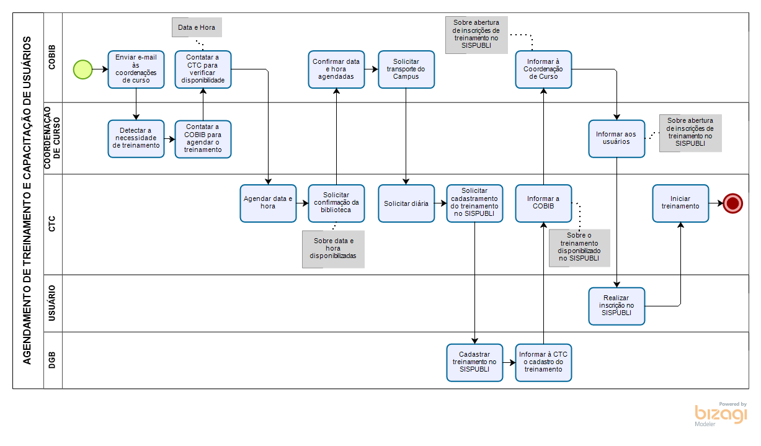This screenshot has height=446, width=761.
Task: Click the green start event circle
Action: point(82,69)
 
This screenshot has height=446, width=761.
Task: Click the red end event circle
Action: point(732,203)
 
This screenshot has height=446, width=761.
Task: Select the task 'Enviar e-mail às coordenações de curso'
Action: point(136,69)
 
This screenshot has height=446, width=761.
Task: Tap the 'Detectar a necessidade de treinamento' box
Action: point(136,139)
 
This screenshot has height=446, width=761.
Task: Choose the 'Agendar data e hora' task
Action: point(268,203)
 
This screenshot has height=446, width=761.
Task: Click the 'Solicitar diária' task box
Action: point(406,203)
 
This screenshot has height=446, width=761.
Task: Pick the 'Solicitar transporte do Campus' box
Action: point(406,69)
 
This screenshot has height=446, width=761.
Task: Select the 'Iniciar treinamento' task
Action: point(680,203)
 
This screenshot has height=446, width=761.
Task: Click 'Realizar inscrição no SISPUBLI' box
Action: point(616,306)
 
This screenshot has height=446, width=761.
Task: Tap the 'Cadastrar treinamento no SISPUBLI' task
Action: point(474,362)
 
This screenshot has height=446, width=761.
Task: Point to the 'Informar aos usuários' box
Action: point(616,139)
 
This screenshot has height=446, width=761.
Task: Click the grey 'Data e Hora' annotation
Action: point(197,28)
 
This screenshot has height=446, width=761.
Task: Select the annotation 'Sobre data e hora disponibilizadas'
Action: point(333,249)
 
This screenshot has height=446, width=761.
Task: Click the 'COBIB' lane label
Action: point(53,57)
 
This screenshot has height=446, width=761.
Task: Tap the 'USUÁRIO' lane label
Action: point(53,303)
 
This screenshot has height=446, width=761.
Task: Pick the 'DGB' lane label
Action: point(53,360)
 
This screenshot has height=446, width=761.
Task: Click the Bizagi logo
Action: point(721,414)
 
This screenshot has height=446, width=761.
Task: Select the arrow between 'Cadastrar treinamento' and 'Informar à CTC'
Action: point(509,362)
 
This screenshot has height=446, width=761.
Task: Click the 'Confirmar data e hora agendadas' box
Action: point(336,69)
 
